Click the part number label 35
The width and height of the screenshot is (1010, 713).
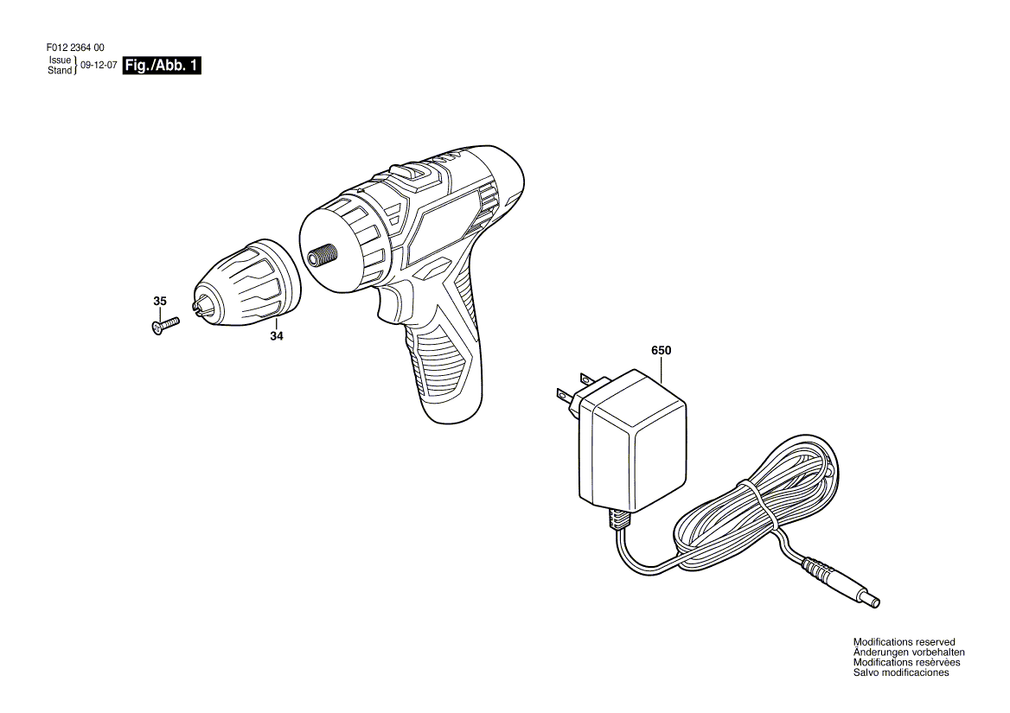(160, 302)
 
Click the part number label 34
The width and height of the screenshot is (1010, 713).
(276, 336)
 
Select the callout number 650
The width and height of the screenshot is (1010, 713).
(661, 351)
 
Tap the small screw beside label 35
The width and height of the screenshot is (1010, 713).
(163, 325)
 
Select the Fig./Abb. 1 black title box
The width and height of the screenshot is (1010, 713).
(163, 66)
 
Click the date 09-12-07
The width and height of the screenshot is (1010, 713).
(99, 65)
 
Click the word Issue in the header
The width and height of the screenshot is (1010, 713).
(60, 60)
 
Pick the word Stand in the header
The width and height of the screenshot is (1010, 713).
(60, 70)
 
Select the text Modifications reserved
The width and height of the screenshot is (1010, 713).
(904, 642)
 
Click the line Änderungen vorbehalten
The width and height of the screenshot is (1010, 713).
(909, 653)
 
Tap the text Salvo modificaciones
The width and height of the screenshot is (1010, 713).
(900, 672)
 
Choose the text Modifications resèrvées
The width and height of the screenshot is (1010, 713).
(906, 662)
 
